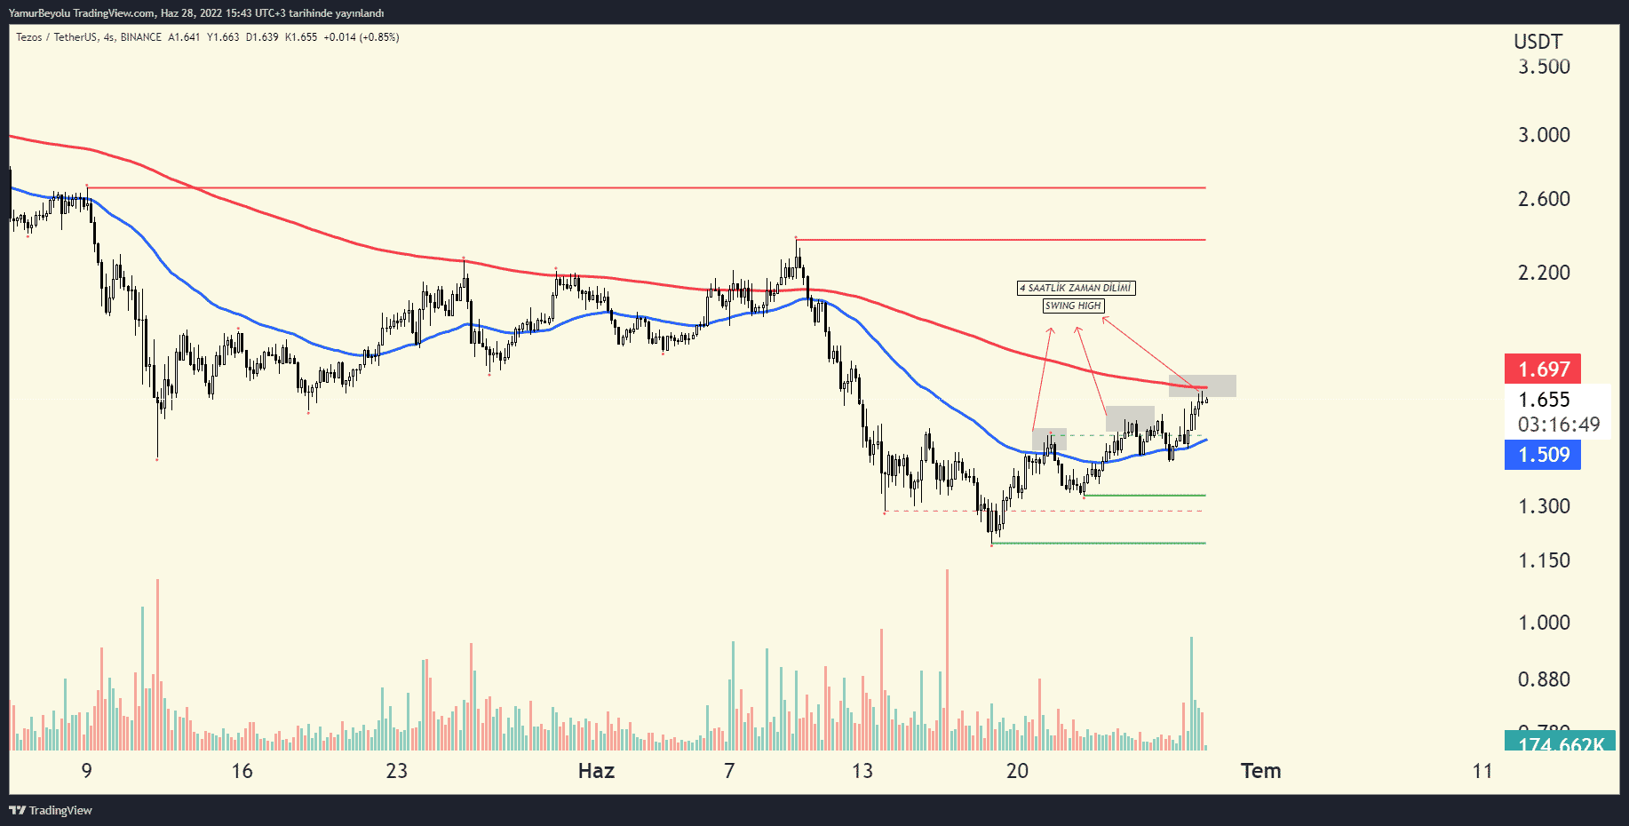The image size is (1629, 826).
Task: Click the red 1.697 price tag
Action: coord(1543,369)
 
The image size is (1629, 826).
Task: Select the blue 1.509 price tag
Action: coord(1543,455)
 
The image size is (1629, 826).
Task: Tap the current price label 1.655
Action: coord(1544,400)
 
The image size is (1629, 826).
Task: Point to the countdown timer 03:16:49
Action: coord(1558,425)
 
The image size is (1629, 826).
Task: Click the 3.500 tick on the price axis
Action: coord(1544,67)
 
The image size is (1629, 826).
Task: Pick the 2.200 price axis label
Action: coord(1544,273)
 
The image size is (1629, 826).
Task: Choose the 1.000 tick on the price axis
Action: coord(1544,623)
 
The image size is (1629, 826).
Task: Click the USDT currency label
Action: coord(1538,42)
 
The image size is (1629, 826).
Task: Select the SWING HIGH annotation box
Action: coord(1073,306)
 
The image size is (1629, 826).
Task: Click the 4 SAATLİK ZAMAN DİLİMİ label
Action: coord(1076,288)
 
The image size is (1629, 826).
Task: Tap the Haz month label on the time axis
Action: coord(596,771)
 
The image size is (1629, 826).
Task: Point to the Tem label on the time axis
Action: coord(1260,771)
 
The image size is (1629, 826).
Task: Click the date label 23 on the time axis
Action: coord(396,771)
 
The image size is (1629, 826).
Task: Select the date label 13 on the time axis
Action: coord(862,771)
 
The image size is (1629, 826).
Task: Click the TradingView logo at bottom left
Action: coord(51,810)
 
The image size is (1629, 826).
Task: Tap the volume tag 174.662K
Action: coord(1561,743)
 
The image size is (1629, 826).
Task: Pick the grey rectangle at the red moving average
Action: coord(1202,385)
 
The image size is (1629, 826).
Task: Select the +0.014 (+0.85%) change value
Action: coord(361,37)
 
